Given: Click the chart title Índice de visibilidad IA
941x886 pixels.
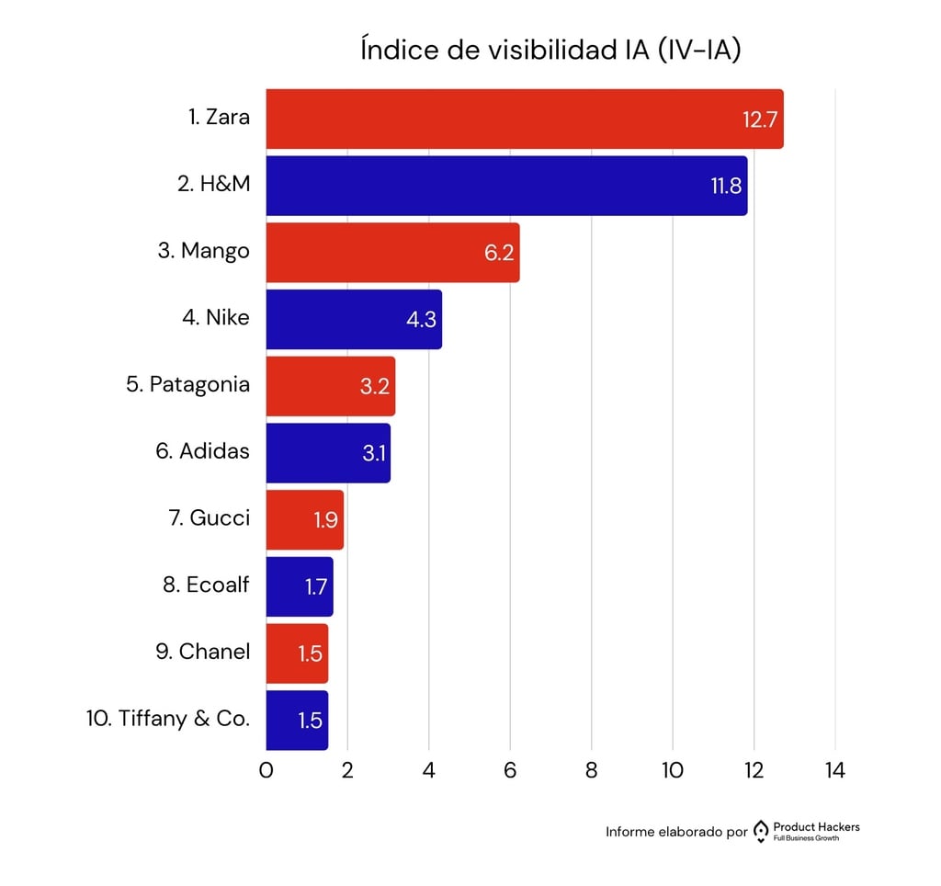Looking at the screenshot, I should [550, 51].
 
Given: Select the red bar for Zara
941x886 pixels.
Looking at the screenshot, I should [524, 119].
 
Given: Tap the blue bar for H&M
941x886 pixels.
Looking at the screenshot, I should [505, 186].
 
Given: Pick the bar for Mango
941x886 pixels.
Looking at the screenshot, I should [392, 253].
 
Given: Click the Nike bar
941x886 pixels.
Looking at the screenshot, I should [354, 320].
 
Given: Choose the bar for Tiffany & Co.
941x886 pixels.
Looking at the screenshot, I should [297, 720].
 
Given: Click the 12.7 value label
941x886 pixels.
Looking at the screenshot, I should [761, 119].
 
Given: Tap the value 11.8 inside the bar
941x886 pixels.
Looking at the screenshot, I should [726, 187].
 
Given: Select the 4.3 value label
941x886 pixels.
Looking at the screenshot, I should [421, 321].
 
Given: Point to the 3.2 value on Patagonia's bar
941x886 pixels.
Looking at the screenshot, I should [375, 387].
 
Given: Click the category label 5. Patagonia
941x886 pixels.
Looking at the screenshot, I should [187, 384].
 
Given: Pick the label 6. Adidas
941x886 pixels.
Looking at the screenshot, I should [202, 451].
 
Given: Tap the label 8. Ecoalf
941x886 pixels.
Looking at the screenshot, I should [206, 585].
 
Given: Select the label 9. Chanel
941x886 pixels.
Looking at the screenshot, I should [202, 652].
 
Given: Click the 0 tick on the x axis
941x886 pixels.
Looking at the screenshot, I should [266, 770].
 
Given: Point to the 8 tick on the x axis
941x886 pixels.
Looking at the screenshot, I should [591, 770].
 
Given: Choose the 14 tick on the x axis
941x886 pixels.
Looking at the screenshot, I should [834, 770].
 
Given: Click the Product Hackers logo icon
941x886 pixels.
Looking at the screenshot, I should [760, 832].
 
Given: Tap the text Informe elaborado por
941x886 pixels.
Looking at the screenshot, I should [676, 832].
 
